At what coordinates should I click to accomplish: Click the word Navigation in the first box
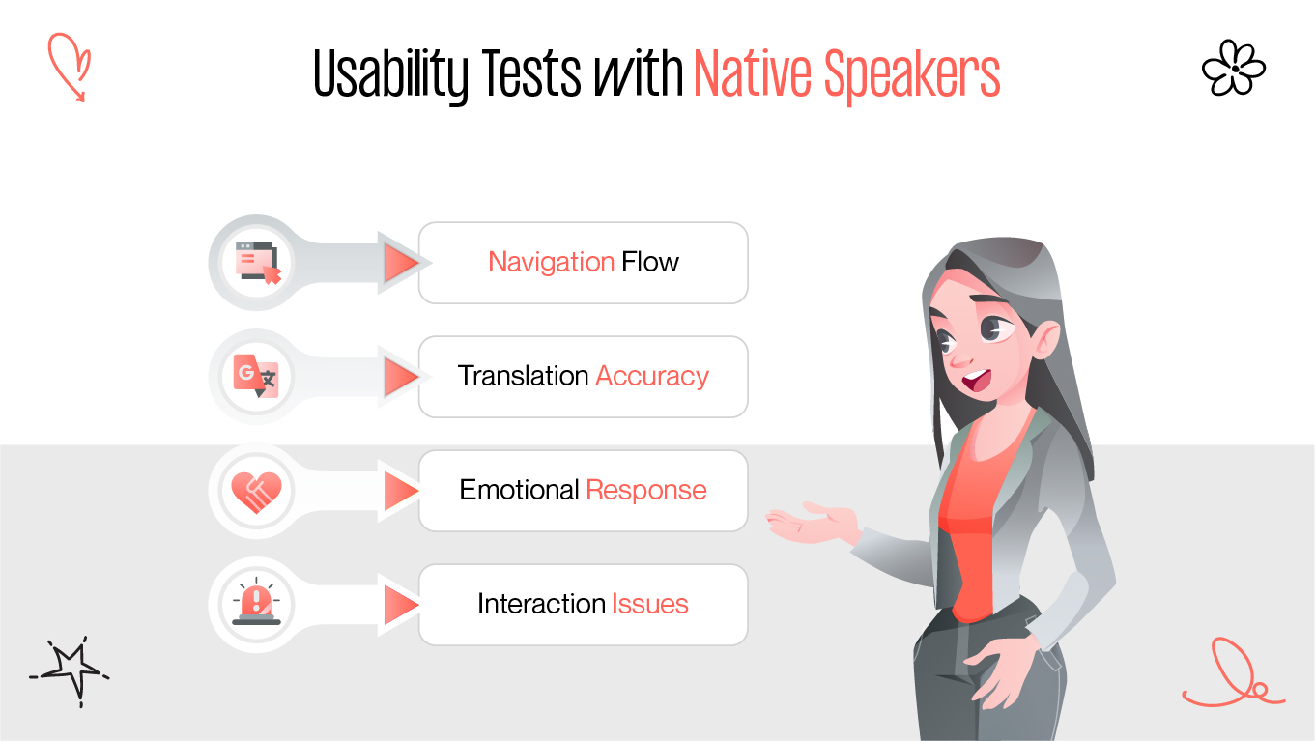[x=551, y=262]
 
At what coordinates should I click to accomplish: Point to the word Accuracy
[x=652, y=376]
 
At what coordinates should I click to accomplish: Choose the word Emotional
[x=519, y=490]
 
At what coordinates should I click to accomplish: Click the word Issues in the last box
[x=649, y=604]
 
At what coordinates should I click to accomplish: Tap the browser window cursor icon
[x=258, y=263]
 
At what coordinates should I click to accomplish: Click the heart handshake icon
[x=256, y=491]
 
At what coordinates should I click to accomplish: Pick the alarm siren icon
[x=256, y=604]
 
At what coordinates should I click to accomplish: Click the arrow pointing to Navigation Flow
[x=399, y=263]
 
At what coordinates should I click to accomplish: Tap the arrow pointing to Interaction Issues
[x=399, y=605]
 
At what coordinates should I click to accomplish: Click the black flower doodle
[x=1233, y=68]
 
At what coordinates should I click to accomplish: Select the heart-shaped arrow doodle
[x=70, y=64]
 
